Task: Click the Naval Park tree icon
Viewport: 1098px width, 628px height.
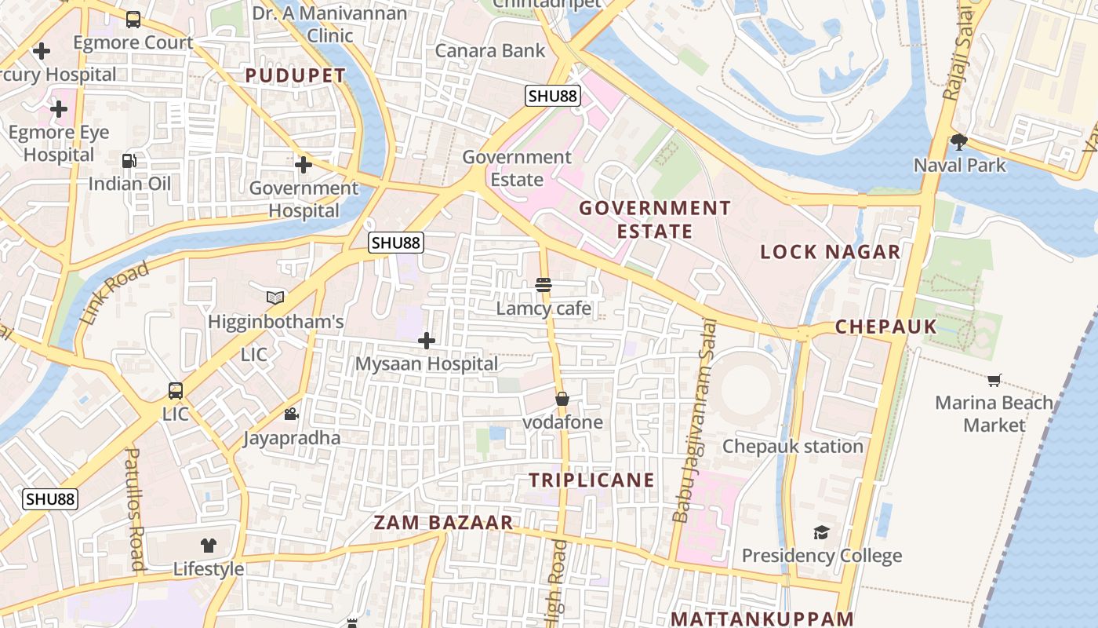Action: click(958, 142)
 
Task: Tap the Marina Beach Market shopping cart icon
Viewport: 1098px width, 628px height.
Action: click(994, 381)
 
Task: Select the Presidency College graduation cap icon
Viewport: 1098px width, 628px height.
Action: click(821, 533)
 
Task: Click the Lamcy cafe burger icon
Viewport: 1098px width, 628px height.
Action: click(544, 284)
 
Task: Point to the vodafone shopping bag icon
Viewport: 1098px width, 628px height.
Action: click(562, 399)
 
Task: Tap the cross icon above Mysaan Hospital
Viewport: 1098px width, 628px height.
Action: click(427, 341)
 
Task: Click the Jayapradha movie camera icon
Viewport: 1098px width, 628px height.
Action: click(291, 414)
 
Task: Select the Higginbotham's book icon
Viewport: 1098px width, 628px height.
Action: click(274, 298)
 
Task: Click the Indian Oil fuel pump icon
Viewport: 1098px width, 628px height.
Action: click(129, 161)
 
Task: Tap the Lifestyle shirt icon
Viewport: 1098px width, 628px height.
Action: click(208, 545)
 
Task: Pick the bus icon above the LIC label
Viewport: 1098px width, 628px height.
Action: click(176, 390)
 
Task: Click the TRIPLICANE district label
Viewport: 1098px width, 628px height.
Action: click(591, 480)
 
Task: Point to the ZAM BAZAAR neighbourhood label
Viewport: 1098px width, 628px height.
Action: click(443, 523)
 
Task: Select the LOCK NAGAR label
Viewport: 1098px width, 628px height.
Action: click(831, 252)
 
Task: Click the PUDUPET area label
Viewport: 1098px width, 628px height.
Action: click(295, 76)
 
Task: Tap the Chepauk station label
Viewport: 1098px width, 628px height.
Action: click(792, 446)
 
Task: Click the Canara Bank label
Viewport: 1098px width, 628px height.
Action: click(490, 51)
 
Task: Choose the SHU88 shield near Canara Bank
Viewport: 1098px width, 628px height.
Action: click(553, 96)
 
